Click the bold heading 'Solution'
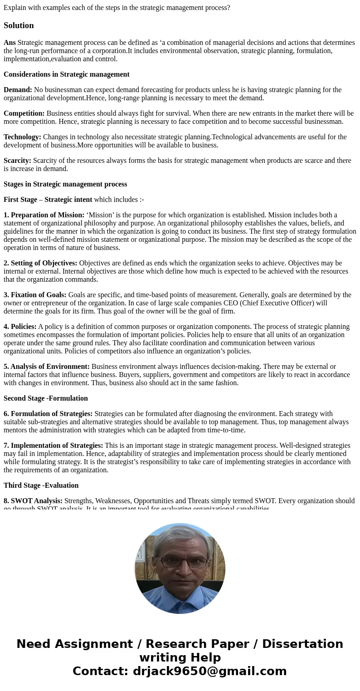[19, 25]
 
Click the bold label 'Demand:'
[18, 90]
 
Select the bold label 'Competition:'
[24, 113]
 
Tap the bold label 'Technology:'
[22, 137]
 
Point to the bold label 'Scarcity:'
[17, 161]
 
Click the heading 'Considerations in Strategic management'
[67, 74]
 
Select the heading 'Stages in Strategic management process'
[65, 184]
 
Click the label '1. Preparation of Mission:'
[44, 215]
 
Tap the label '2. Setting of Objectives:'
[40, 263]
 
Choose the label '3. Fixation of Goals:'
[35, 295]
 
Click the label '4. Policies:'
[20, 327]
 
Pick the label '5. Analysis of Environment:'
[47, 367]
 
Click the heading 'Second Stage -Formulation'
[46, 398]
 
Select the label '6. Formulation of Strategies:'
[48, 414]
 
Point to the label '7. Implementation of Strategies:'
[54, 446]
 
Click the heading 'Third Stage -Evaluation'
[41, 485]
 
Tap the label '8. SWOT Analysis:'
[33, 501]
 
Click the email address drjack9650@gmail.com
[209, 671]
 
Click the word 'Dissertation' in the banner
[302, 644]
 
